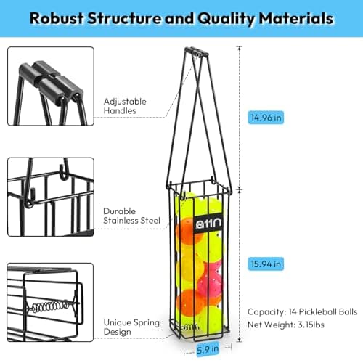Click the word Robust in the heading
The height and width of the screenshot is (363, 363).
coord(57,18)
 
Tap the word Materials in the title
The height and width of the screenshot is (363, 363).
coord(296,18)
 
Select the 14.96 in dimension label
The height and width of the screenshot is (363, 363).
coord(266,118)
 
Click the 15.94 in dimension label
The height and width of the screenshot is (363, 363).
coord(266,264)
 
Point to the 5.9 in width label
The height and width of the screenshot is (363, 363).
coord(208,349)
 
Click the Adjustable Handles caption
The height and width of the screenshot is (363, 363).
coord(125,106)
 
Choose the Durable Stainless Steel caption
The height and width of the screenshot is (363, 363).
coord(131,216)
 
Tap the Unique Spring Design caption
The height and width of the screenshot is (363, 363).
coord(131,327)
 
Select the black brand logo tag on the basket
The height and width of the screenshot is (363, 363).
coord(208,224)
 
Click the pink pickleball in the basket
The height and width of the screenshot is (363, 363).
coord(210,278)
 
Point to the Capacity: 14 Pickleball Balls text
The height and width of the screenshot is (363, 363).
coord(302,311)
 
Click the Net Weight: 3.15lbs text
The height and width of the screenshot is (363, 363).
coord(286,325)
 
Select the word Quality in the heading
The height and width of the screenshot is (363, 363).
coord(226,19)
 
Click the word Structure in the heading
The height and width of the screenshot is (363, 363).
coord(124,18)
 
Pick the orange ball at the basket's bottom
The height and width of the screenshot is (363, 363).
coord(192,303)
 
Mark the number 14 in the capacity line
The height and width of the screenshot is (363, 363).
coord(293,311)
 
